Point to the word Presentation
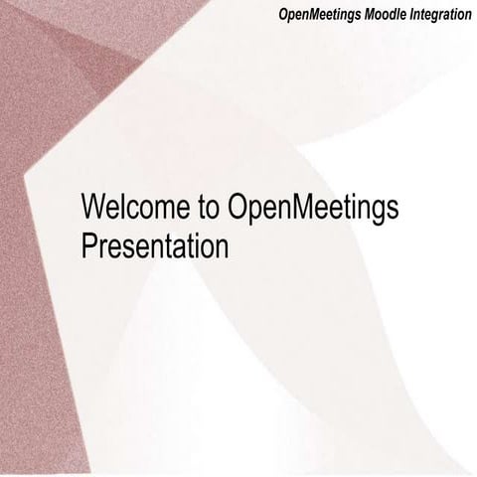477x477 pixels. [155, 243]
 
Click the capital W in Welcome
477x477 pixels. [94, 209]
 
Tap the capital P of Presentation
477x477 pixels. [88, 243]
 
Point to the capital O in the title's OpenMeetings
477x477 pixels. [238, 209]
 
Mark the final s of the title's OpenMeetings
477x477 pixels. [393, 211]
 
